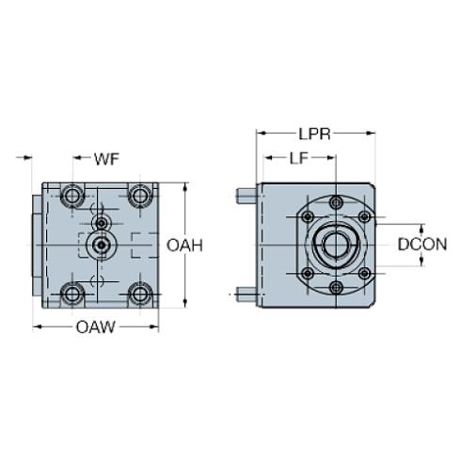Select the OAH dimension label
coord(185,246)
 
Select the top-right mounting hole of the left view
coord(141,196)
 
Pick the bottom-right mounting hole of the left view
coord(141,294)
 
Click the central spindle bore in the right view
coord(336,246)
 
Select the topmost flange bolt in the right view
coord(336,202)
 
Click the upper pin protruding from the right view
coord(244,197)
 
